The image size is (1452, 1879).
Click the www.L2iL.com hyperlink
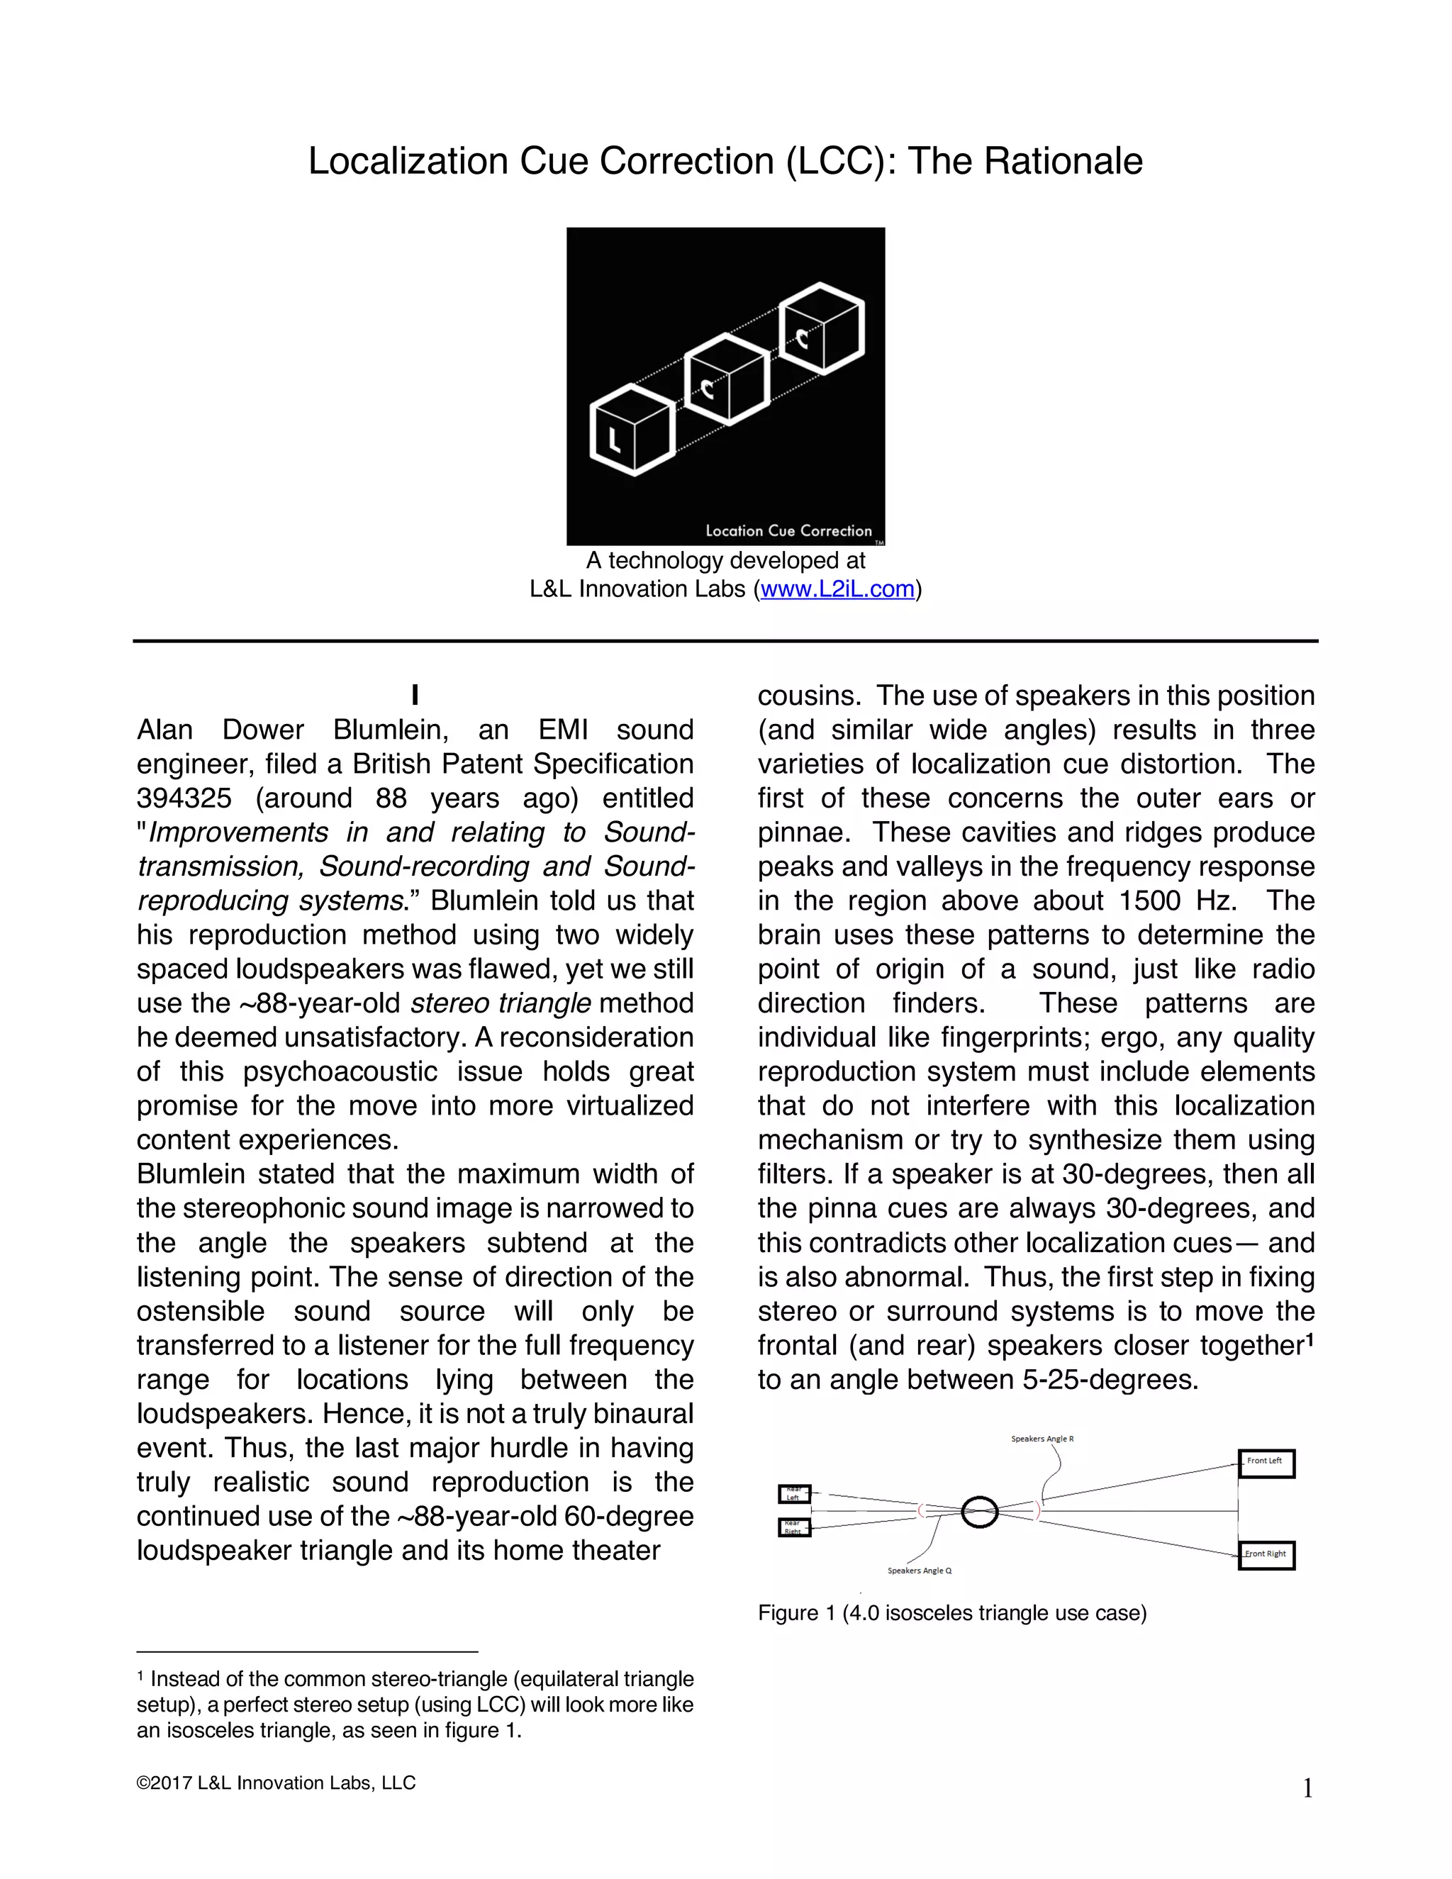pyautogui.click(x=837, y=589)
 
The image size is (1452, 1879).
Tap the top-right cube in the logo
pyautogui.click(x=822, y=328)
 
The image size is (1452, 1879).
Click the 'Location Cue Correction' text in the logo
pyautogui.click(x=788, y=531)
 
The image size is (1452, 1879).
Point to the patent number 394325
pyautogui.click(x=184, y=798)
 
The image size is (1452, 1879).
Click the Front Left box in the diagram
pyautogui.click(x=1266, y=1463)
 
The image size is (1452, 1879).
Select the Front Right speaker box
pyautogui.click(x=1266, y=1555)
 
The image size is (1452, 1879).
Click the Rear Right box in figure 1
pyautogui.click(x=794, y=1527)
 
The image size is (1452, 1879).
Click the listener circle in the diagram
pyautogui.click(x=979, y=1511)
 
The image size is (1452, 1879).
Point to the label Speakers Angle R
pyautogui.click(x=1041, y=1439)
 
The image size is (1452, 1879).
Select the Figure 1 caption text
pyautogui.click(x=951, y=1613)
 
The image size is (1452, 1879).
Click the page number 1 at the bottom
pyautogui.click(x=1307, y=1790)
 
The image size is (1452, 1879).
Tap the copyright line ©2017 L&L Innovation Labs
pyautogui.click(x=275, y=1783)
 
